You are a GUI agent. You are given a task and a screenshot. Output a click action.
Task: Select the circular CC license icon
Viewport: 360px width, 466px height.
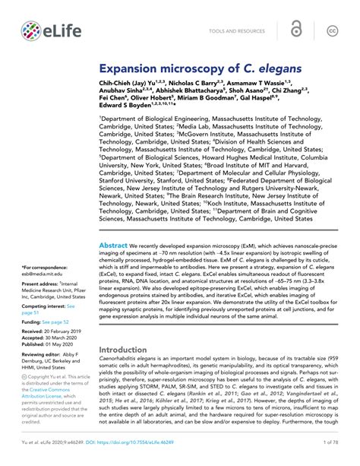pyautogui.click(x=332, y=30)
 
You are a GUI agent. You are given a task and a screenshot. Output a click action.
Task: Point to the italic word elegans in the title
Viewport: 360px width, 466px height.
pyautogui.click(x=272, y=68)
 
